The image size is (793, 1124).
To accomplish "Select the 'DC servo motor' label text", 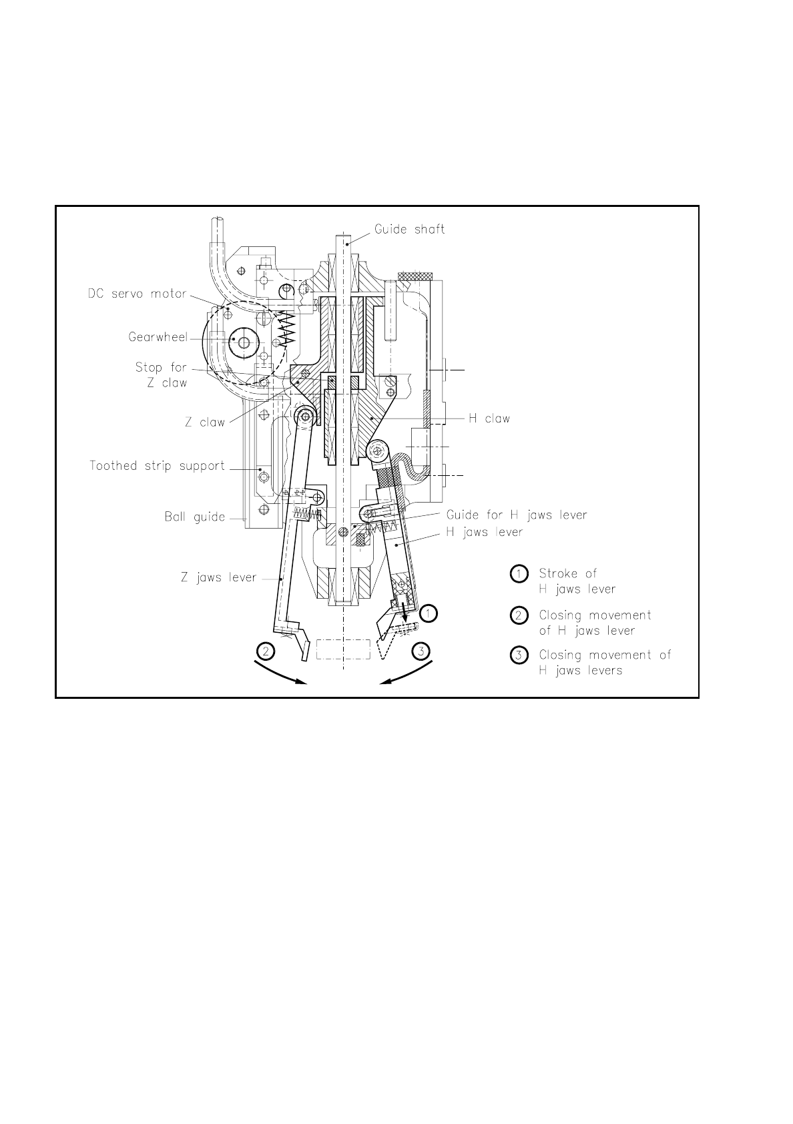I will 137,294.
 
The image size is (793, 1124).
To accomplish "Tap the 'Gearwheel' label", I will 158,338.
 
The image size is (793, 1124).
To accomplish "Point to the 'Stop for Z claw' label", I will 161,375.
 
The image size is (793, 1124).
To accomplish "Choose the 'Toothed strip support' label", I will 157,466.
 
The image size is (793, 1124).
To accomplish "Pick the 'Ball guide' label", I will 194,517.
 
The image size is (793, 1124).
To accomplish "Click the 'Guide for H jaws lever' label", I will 517,515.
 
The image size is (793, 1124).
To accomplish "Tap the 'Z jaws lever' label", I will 218,578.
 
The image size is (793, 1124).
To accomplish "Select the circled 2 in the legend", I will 519,615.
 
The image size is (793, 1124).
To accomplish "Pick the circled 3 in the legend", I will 519,655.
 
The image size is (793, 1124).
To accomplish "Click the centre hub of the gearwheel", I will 244,343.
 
